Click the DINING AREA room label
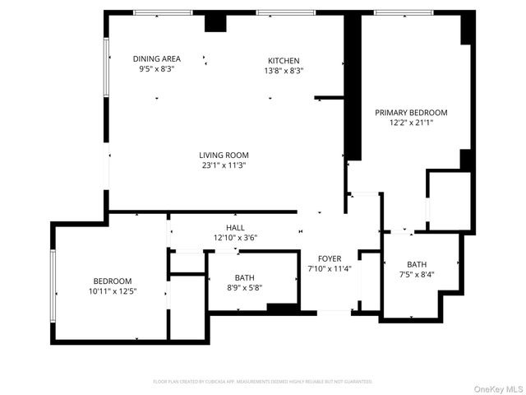point(156,58)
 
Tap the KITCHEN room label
point(284,60)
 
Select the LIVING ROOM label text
point(224,155)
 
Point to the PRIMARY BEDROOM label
point(411,112)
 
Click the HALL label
point(235,228)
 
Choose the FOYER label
point(329,258)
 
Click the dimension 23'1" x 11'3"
point(224,165)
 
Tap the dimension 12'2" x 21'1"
point(411,123)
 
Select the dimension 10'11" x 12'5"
point(113,290)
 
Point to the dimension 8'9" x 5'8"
point(245,287)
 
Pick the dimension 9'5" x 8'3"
point(156,69)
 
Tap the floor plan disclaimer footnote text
point(263,381)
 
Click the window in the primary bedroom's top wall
point(404,12)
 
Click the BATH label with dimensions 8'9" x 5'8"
point(245,277)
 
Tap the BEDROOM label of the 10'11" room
point(113,281)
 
